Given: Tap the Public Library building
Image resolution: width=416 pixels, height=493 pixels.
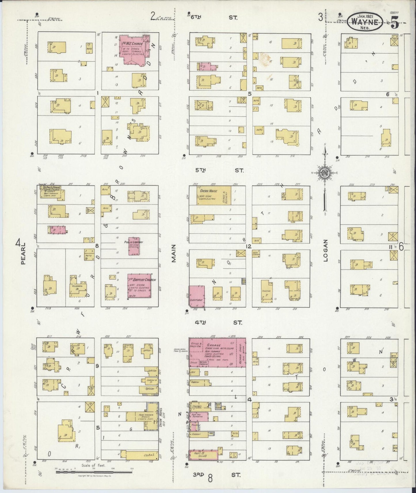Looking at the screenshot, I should tap(134, 246).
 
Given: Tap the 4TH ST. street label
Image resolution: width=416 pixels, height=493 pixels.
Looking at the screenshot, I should tap(219, 323).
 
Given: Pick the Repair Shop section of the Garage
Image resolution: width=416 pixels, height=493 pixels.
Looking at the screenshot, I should tap(241, 353).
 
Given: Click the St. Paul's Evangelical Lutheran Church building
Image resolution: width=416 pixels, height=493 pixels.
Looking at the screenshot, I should tap(52, 192).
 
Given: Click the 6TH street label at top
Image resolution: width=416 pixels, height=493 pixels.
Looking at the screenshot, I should tap(196, 17).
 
